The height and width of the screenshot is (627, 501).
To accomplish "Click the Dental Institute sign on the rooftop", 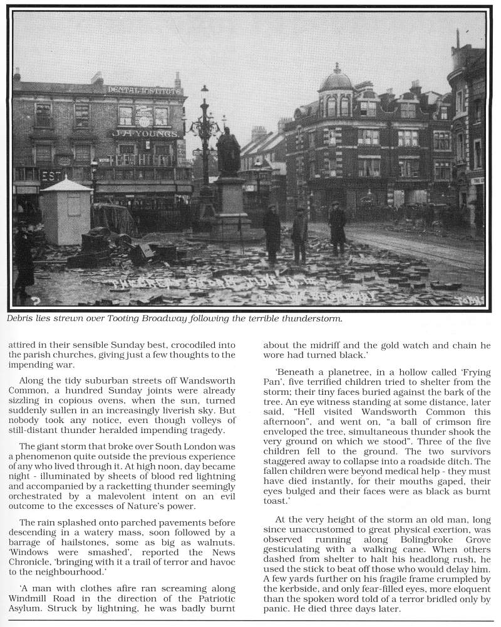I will [143, 90].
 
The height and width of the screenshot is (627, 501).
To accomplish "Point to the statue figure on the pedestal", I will [228, 151].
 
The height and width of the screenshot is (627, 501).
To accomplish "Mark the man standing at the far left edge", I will [23, 263].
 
